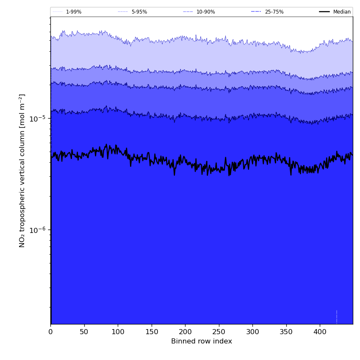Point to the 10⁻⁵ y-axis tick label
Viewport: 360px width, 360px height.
tap(37, 119)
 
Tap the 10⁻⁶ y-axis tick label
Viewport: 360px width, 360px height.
tap(37, 230)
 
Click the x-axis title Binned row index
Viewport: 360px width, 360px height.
tap(202, 341)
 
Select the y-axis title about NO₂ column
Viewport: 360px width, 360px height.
tap(22, 170)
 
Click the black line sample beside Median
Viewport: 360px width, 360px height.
tap(325, 12)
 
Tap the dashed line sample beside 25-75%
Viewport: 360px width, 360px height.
tap(256, 12)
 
